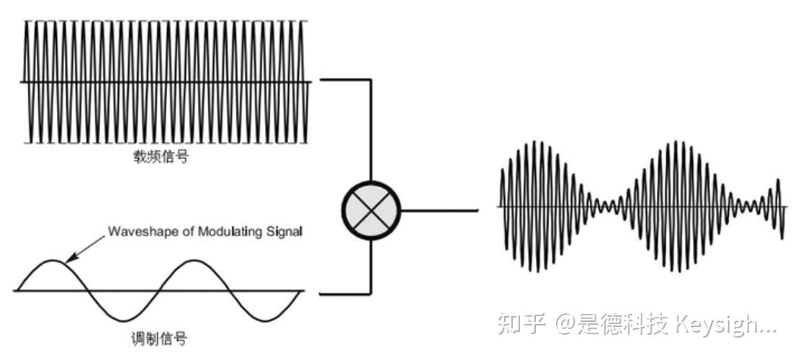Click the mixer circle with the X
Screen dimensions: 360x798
371,211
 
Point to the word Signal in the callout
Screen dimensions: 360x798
284,232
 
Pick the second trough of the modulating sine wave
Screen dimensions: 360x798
264,320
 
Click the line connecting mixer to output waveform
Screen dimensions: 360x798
439,211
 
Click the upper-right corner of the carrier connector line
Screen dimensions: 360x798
371,80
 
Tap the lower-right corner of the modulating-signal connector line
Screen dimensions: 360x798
371,293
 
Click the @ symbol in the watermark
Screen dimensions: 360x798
565,325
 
